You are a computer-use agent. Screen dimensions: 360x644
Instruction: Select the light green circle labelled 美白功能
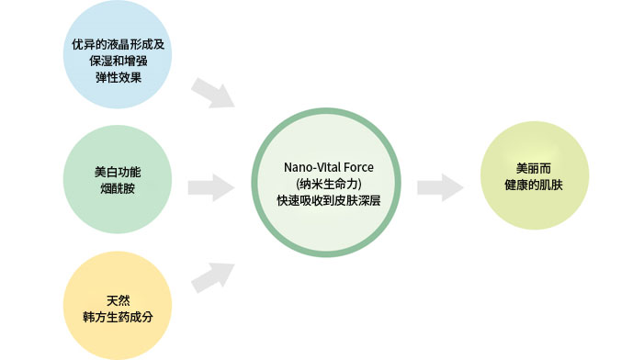click(x=119, y=180)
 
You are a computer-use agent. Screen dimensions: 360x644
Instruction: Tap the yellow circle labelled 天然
click(x=119, y=305)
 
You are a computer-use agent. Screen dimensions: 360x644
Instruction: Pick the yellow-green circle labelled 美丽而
click(x=536, y=177)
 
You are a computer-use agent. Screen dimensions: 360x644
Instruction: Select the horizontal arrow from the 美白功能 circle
click(x=209, y=187)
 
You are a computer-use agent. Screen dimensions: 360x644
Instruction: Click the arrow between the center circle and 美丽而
click(x=438, y=187)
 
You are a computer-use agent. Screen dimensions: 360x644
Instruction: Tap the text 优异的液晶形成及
click(x=119, y=44)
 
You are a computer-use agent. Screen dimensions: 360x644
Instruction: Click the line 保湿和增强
click(x=119, y=61)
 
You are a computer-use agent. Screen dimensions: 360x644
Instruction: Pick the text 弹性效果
click(x=119, y=77)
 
